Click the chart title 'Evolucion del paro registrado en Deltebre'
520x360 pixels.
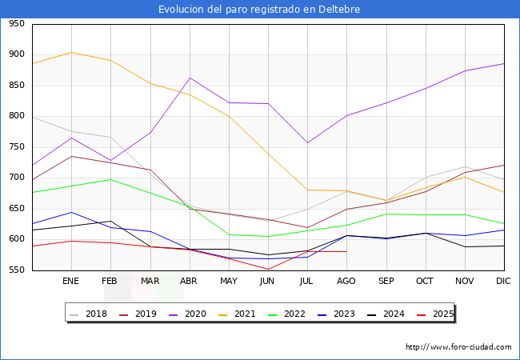point(259,10)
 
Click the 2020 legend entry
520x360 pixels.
point(198,314)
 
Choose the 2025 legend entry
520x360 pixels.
point(441,314)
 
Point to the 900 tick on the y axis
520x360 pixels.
point(16,54)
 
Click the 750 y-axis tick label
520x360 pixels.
point(16,147)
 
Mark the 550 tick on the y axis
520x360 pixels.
point(16,270)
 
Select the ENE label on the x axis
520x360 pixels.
point(70,281)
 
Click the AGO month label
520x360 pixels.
point(346,281)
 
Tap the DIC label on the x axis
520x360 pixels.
point(503,281)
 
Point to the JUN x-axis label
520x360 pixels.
point(268,281)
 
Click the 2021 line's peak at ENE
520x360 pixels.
point(71,53)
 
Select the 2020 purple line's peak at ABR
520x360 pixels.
point(190,78)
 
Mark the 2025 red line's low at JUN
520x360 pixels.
point(268,269)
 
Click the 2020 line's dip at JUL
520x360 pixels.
point(307,143)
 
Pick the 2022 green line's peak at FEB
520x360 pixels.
point(110,179)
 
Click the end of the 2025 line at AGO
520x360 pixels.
point(346,251)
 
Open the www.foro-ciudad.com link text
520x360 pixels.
point(458,347)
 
